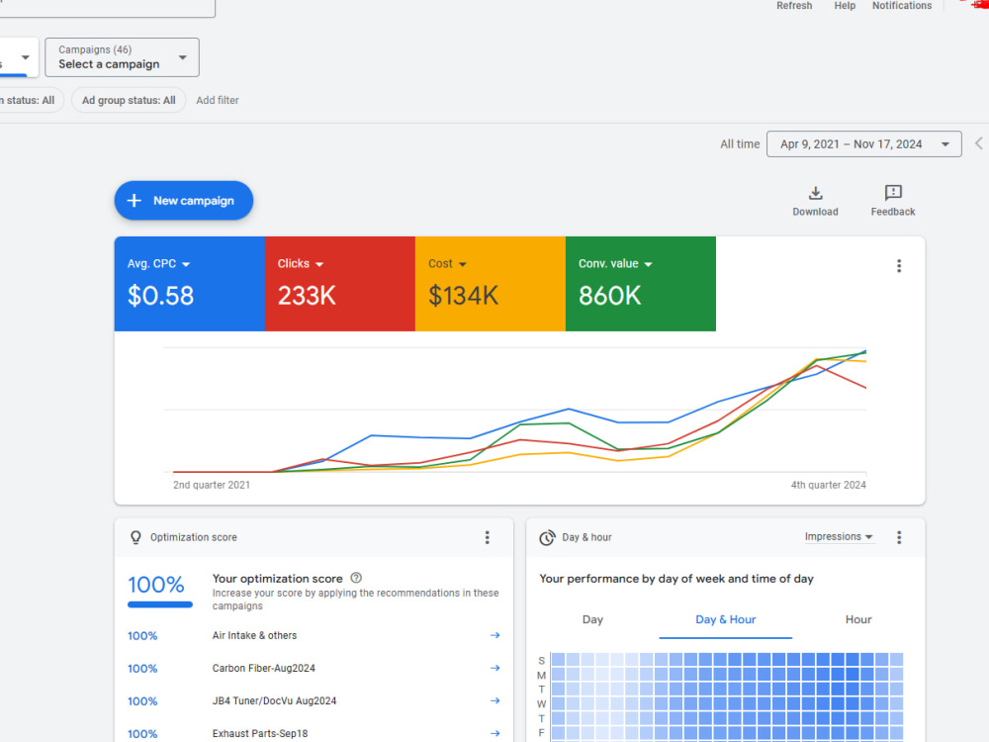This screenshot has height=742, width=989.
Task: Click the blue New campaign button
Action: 184,201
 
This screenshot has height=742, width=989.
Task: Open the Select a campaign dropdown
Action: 122,57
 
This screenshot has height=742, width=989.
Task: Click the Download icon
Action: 816,193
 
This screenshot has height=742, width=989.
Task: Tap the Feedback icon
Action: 893,193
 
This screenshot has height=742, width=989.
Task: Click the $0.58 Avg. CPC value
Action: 160,296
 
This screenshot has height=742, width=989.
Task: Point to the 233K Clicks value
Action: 307,296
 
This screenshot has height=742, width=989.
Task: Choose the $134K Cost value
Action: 464,296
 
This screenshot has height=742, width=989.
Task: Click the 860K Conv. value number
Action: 610,296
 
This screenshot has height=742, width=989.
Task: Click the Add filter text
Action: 218,100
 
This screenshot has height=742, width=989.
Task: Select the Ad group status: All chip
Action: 129,100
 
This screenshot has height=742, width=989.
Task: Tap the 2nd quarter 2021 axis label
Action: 212,485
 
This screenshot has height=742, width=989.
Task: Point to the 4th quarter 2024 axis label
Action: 828,485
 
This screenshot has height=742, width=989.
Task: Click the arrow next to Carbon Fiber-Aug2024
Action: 495,668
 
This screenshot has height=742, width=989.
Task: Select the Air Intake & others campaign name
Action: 254,635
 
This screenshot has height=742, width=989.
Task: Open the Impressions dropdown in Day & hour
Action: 839,537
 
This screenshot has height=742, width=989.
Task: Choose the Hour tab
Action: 858,619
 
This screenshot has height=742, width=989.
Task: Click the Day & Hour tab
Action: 725,619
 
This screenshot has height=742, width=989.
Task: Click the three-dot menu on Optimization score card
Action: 487,537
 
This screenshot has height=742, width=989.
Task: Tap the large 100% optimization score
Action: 156,585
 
